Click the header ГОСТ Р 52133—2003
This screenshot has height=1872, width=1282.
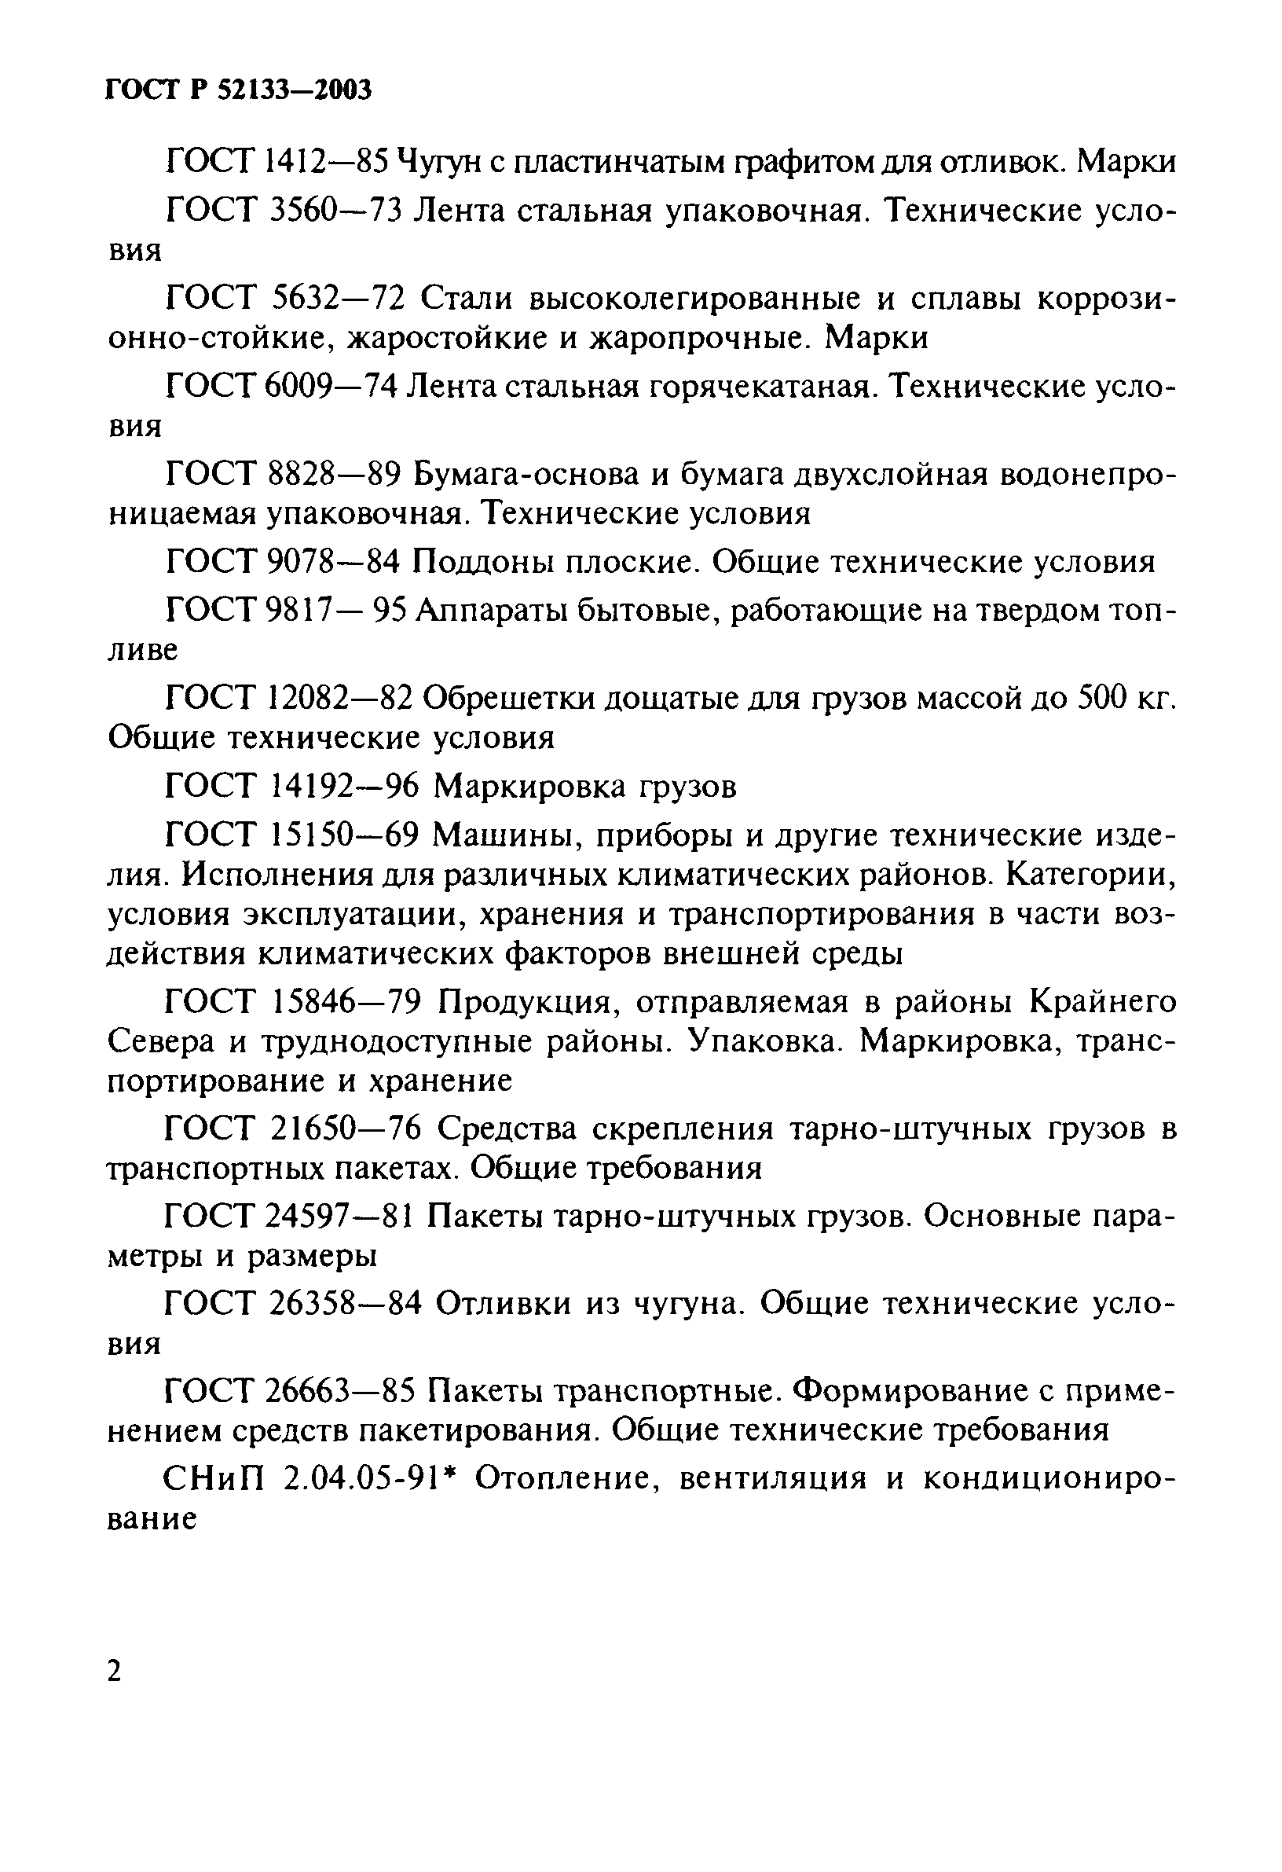click(239, 91)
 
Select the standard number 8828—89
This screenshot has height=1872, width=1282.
click(332, 475)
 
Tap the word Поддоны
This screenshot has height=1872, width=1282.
click(477, 562)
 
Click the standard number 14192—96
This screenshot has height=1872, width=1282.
click(343, 786)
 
